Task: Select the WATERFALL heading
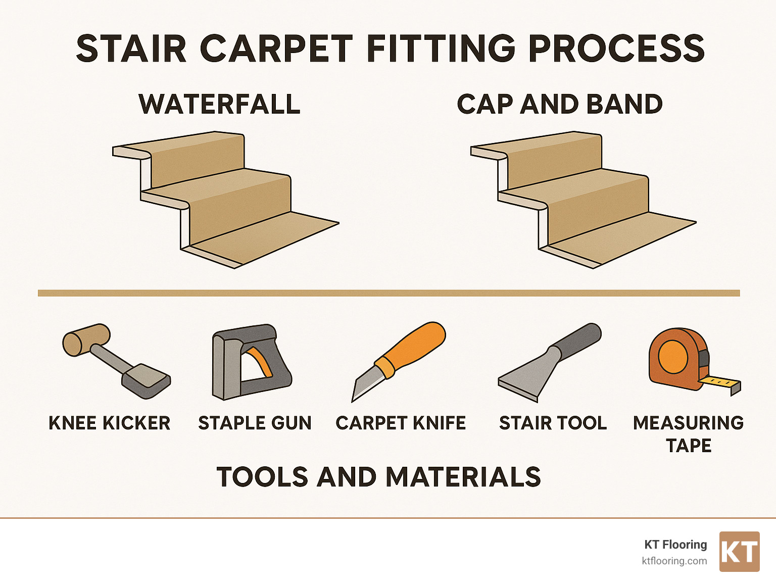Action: pyautogui.click(x=219, y=104)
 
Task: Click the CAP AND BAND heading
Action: pyautogui.click(x=559, y=104)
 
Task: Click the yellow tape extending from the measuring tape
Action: pyautogui.click(x=720, y=382)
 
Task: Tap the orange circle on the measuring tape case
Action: pyautogui.click(x=673, y=356)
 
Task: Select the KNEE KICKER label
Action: pyautogui.click(x=109, y=423)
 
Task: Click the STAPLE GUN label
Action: pyautogui.click(x=255, y=423)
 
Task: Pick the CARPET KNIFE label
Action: pyautogui.click(x=401, y=423)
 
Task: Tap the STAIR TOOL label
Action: pyautogui.click(x=553, y=423)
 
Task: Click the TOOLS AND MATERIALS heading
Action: pyautogui.click(x=378, y=477)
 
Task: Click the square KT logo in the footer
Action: pyautogui.click(x=739, y=552)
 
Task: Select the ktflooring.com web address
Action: pyautogui.click(x=674, y=561)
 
